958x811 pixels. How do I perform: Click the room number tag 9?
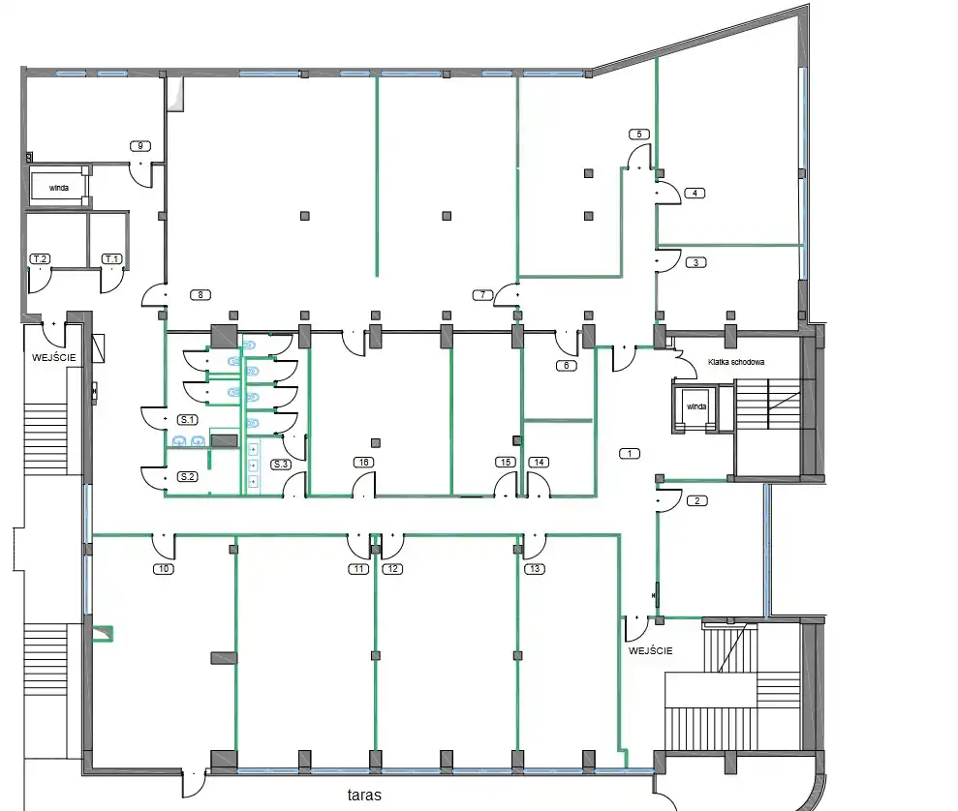tap(140, 146)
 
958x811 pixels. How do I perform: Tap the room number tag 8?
tap(201, 295)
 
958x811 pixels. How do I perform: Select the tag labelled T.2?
tap(41, 258)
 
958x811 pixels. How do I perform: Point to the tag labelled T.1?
tap(111, 258)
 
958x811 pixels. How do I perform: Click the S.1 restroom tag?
tap(188, 419)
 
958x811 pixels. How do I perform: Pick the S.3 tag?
tap(281, 464)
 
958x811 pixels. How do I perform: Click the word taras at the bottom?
tap(364, 795)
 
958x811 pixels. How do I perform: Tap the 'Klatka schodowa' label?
tap(736, 362)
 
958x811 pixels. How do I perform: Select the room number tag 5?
tap(639, 135)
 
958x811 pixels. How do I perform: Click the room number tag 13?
tap(536, 569)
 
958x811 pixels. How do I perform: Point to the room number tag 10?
tap(164, 569)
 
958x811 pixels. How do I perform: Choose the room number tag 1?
tap(630, 453)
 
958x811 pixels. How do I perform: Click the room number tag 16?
tap(363, 462)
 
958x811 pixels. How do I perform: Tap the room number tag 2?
tap(697, 501)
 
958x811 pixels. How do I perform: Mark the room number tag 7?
tap(482, 295)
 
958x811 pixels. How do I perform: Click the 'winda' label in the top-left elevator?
tap(59, 188)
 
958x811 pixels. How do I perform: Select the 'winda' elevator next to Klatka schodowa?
tap(696, 406)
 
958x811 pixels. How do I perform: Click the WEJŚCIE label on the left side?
tap(54, 358)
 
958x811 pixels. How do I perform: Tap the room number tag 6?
tap(567, 366)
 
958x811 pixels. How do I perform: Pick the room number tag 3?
tap(695, 262)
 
